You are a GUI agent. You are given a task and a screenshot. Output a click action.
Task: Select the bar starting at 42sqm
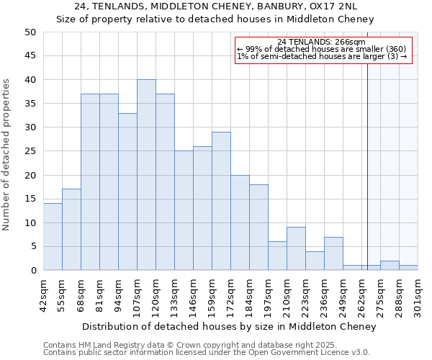pos(53,237)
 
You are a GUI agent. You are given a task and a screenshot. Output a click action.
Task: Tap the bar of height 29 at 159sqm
pos(221,201)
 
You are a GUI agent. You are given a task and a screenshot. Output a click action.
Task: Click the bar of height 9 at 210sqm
pos(296,248)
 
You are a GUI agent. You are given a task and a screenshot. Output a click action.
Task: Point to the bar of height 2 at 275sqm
pos(390,266)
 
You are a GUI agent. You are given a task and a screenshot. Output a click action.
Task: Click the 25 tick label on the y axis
pos(30,151)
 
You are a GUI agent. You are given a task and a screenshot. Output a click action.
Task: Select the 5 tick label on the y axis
pos(33,247)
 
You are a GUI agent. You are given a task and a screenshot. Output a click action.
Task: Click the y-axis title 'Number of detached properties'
pos(7,155)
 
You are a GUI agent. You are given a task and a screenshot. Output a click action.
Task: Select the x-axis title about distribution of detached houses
pos(229,326)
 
